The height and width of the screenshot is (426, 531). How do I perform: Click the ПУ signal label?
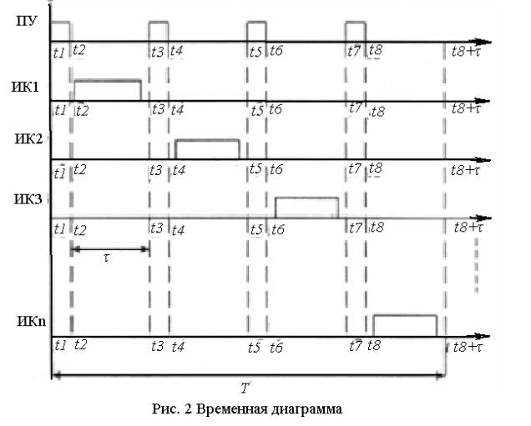tap(27, 22)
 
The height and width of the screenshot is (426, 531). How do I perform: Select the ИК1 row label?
tap(25, 88)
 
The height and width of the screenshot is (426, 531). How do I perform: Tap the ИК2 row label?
tap(28, 139)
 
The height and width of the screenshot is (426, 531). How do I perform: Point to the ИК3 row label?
tap(28, 199)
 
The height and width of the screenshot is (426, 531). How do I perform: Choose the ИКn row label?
tap(31, 321)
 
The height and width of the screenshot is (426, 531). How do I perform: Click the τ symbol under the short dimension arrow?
tap(107, 258)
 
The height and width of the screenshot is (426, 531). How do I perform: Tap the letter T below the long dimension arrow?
tap(245, 388)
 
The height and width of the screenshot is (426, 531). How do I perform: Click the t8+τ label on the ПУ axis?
tap(467, 52)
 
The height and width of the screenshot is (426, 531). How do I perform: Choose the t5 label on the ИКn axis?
tap(255, 348)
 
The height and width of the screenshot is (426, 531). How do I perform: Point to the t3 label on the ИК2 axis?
tap(156, 170)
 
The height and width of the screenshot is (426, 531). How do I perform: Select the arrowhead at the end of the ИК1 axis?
tap(483, 101)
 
